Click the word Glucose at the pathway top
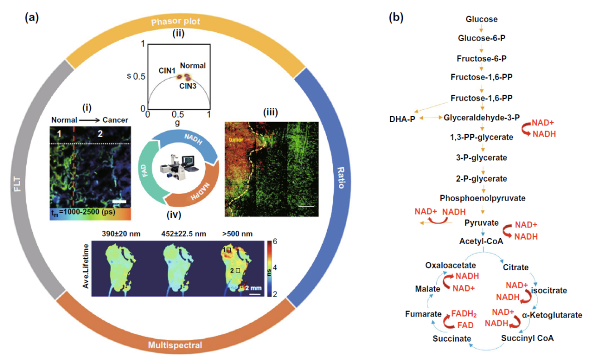click(x=482, y=20)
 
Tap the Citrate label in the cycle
click(x=515, y=267)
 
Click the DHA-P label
click(x=400, y=119)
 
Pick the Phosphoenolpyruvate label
click(x=482, y=198)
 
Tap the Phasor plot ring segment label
click(x=176, y=21)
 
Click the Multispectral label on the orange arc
click(x=176, y=346)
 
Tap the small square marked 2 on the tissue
click(x=238, y=270)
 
